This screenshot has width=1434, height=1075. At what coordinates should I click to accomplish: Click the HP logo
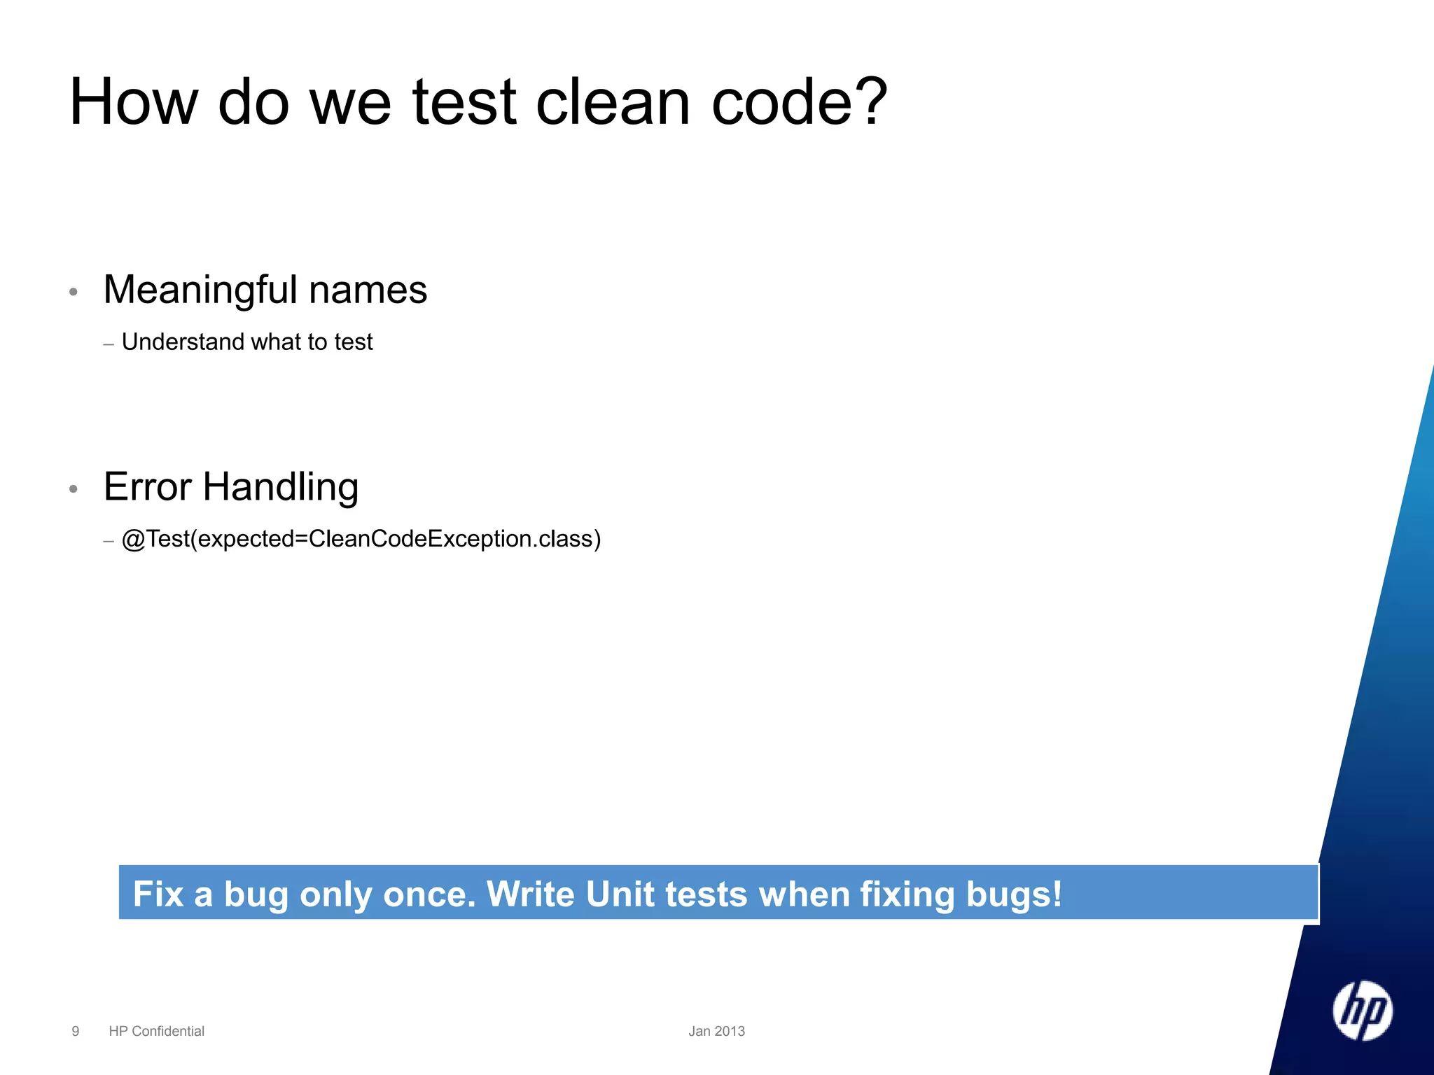(1362, 1011)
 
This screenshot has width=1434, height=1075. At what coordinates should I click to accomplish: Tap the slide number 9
(76, 1031)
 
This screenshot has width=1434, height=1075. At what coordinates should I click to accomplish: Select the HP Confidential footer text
(156, 1031)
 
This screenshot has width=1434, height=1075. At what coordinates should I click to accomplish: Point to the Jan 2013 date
(716, 1031)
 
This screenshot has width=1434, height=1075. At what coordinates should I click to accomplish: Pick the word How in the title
(134, 102)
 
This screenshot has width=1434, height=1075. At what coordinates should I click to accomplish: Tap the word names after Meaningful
(368, 290)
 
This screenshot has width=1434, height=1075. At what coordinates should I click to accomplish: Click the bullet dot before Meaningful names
(74, 292)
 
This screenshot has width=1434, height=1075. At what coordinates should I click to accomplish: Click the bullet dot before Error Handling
(74, 489)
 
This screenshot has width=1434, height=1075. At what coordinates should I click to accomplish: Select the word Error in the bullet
(148, 487)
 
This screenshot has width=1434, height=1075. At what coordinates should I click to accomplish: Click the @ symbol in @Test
(133, 540)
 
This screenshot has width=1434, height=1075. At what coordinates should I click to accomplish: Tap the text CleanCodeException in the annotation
(420, 539)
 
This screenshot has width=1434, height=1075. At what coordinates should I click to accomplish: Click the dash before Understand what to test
(109, 344)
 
